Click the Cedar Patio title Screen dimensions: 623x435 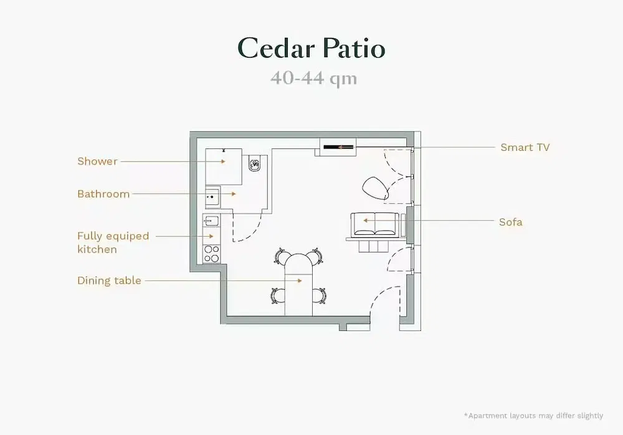[x=311, y=48]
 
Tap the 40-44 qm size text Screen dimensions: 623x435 [x=313, y=78]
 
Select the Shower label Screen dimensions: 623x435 [x=97, y=161]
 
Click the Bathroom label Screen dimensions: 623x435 [x=103, y=194]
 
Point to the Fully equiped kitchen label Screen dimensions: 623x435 [x=113, y=242]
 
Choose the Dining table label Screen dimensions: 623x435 [x=109, y=280]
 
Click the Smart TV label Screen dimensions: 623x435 [x=525, y=148]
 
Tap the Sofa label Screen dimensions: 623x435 [x=511, y=222]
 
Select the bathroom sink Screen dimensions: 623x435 [x=212, y=197]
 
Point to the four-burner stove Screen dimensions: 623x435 [x=211, y=254]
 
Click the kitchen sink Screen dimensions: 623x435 [x=211, y=221]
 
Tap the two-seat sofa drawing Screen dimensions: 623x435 [x=374, y=225]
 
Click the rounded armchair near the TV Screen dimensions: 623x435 [x=375, y=188]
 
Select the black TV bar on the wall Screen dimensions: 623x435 [x=338, y=147]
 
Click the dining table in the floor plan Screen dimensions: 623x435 [x=298, y=284]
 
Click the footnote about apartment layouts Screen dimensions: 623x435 [x=533, y=416]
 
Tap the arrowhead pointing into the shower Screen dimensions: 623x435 [x=223, y=161]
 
